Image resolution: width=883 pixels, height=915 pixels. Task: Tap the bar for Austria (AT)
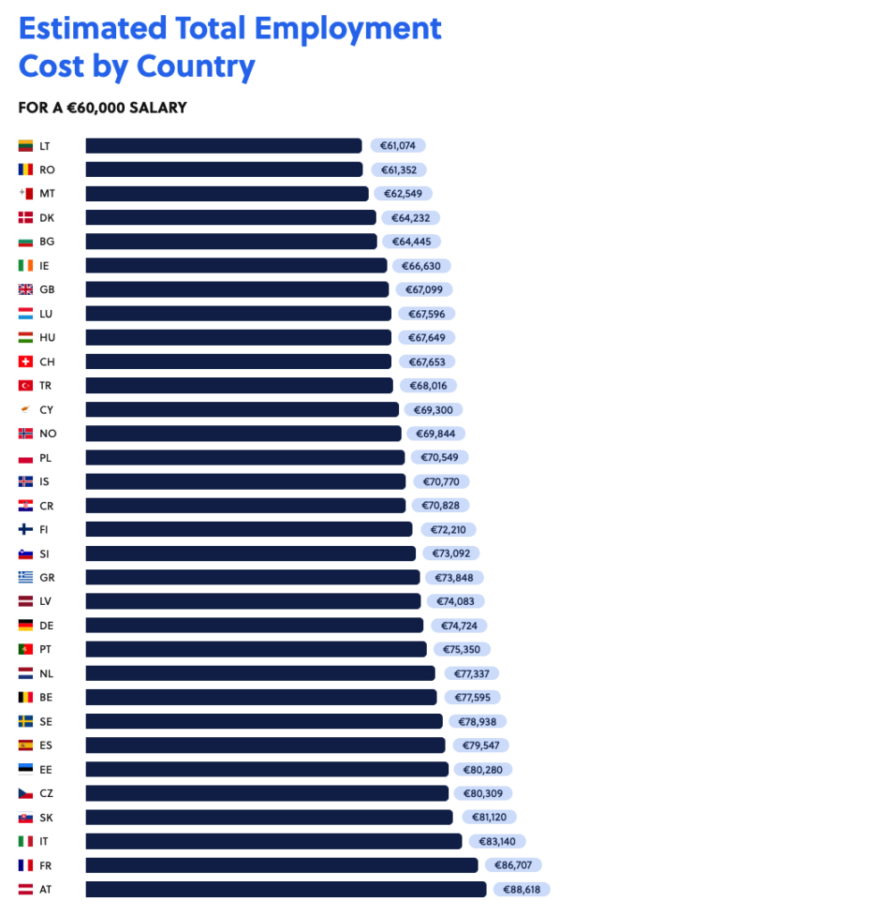286,889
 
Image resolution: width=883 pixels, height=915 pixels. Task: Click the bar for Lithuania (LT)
223,146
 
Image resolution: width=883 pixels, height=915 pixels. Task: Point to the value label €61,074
398,146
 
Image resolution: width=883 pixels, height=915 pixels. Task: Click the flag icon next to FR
25,865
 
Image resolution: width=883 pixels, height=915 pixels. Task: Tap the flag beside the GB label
25,290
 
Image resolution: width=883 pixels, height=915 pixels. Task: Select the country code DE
46,625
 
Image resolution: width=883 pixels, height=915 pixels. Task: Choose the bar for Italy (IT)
273,841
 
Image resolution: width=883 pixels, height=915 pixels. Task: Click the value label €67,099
425,290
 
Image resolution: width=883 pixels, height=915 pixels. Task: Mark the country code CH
46,362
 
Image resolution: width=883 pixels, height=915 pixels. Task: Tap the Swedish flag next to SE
25,721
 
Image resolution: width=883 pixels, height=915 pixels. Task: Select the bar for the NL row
260,673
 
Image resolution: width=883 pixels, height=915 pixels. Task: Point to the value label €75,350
462,650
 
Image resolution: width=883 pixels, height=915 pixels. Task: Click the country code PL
46,457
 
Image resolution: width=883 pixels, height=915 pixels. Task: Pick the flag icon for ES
25,745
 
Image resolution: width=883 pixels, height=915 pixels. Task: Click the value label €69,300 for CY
434,409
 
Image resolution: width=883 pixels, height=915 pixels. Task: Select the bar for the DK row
230,217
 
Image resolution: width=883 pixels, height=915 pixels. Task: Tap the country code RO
47,170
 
